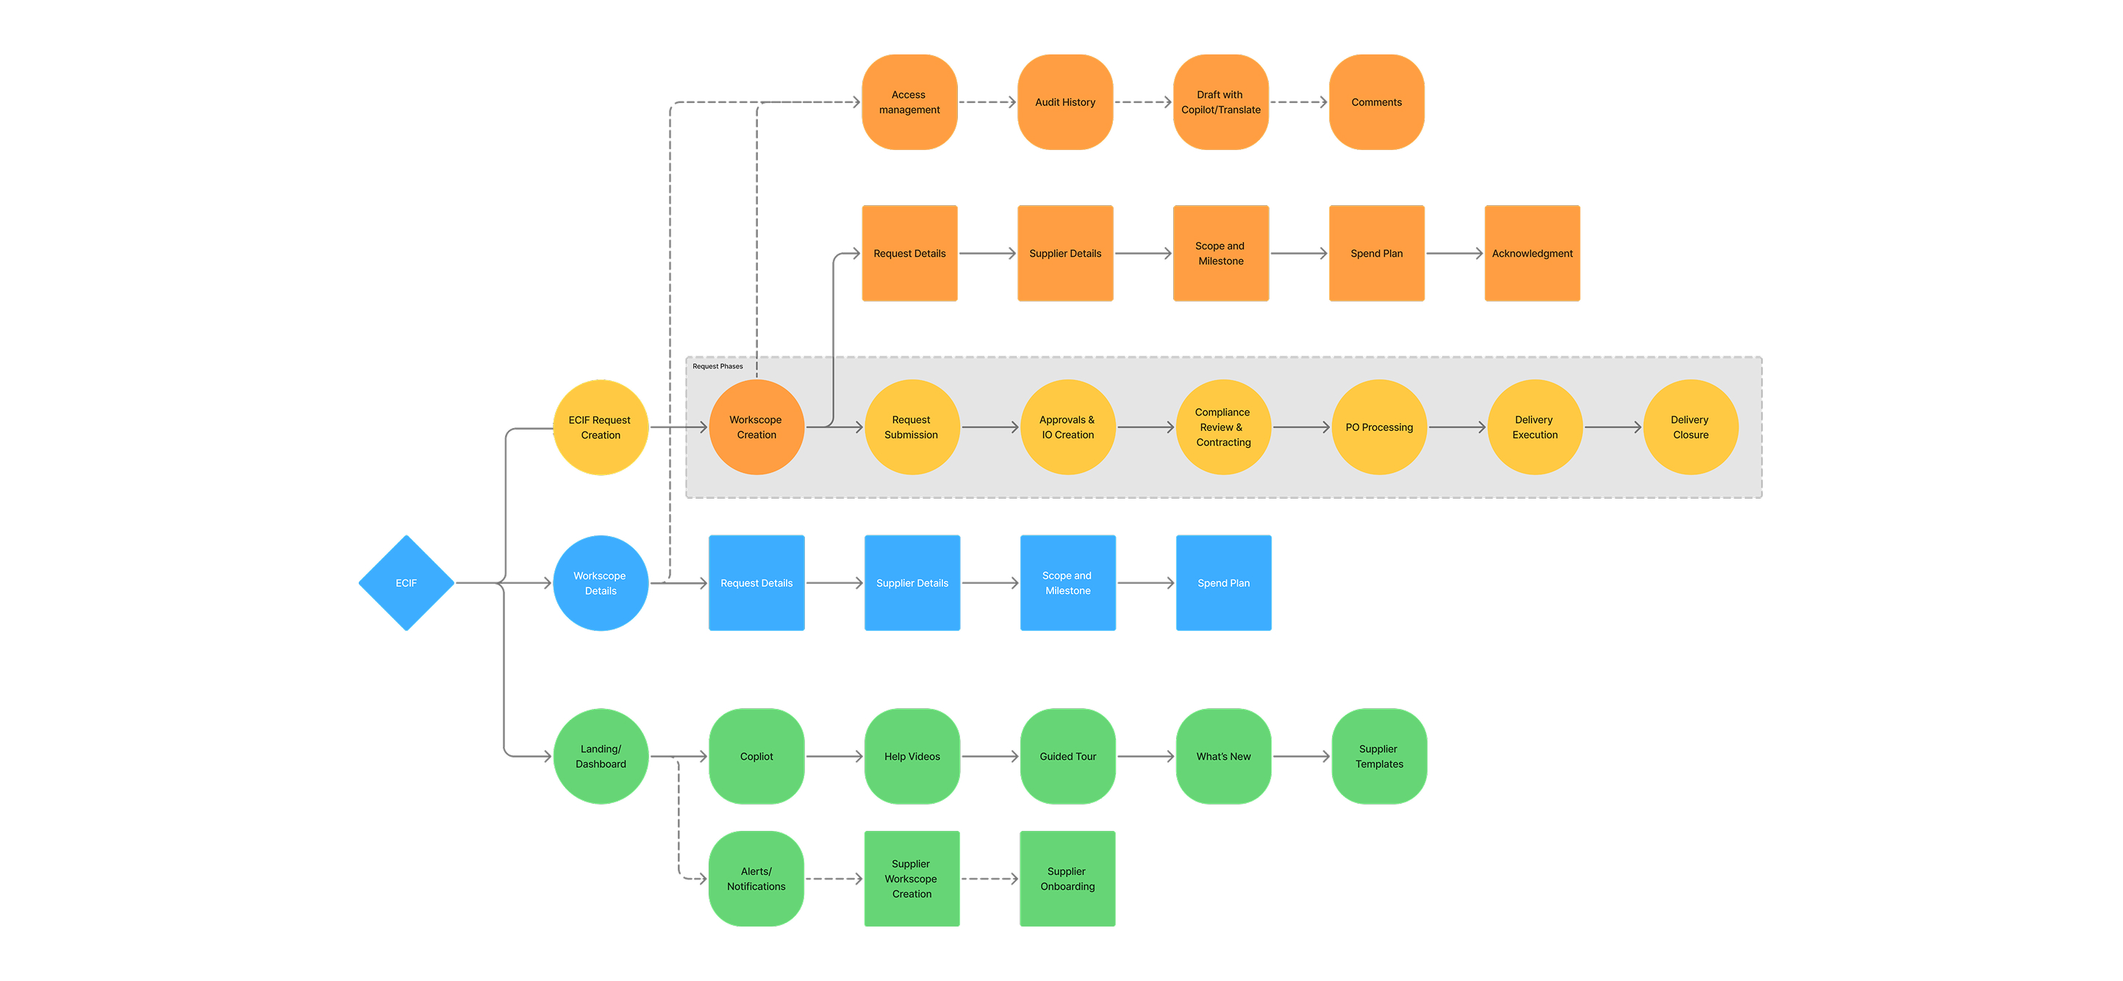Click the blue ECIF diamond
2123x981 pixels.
tap(406, 583)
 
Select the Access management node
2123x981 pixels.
tap(909, 102)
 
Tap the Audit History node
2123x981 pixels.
tap(1064, 102)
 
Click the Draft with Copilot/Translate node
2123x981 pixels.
tap(1220, 102)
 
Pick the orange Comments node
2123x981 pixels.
tap(1376, 102)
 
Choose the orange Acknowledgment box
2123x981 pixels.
tap(1532, 253)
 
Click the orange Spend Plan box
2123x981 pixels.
tap(1376, 253)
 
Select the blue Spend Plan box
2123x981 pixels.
tap(1223, 583)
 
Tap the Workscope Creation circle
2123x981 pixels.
tap(756, 427)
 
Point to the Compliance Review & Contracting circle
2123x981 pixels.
tap(1223, 427)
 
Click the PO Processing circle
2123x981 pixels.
tap(1379, 427)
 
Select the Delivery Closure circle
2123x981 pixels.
tap(1690, 427)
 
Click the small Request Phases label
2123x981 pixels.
tap(717, 366)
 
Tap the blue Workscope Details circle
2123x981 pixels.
tap(600, 583)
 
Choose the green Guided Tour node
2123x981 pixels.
tap(1067, 756)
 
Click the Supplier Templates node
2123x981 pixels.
tap(1379, 756)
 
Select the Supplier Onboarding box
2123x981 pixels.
tap(1067, 879)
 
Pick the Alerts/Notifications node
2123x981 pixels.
tap(756, 879)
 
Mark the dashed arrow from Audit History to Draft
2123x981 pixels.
tap(1142, 102)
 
